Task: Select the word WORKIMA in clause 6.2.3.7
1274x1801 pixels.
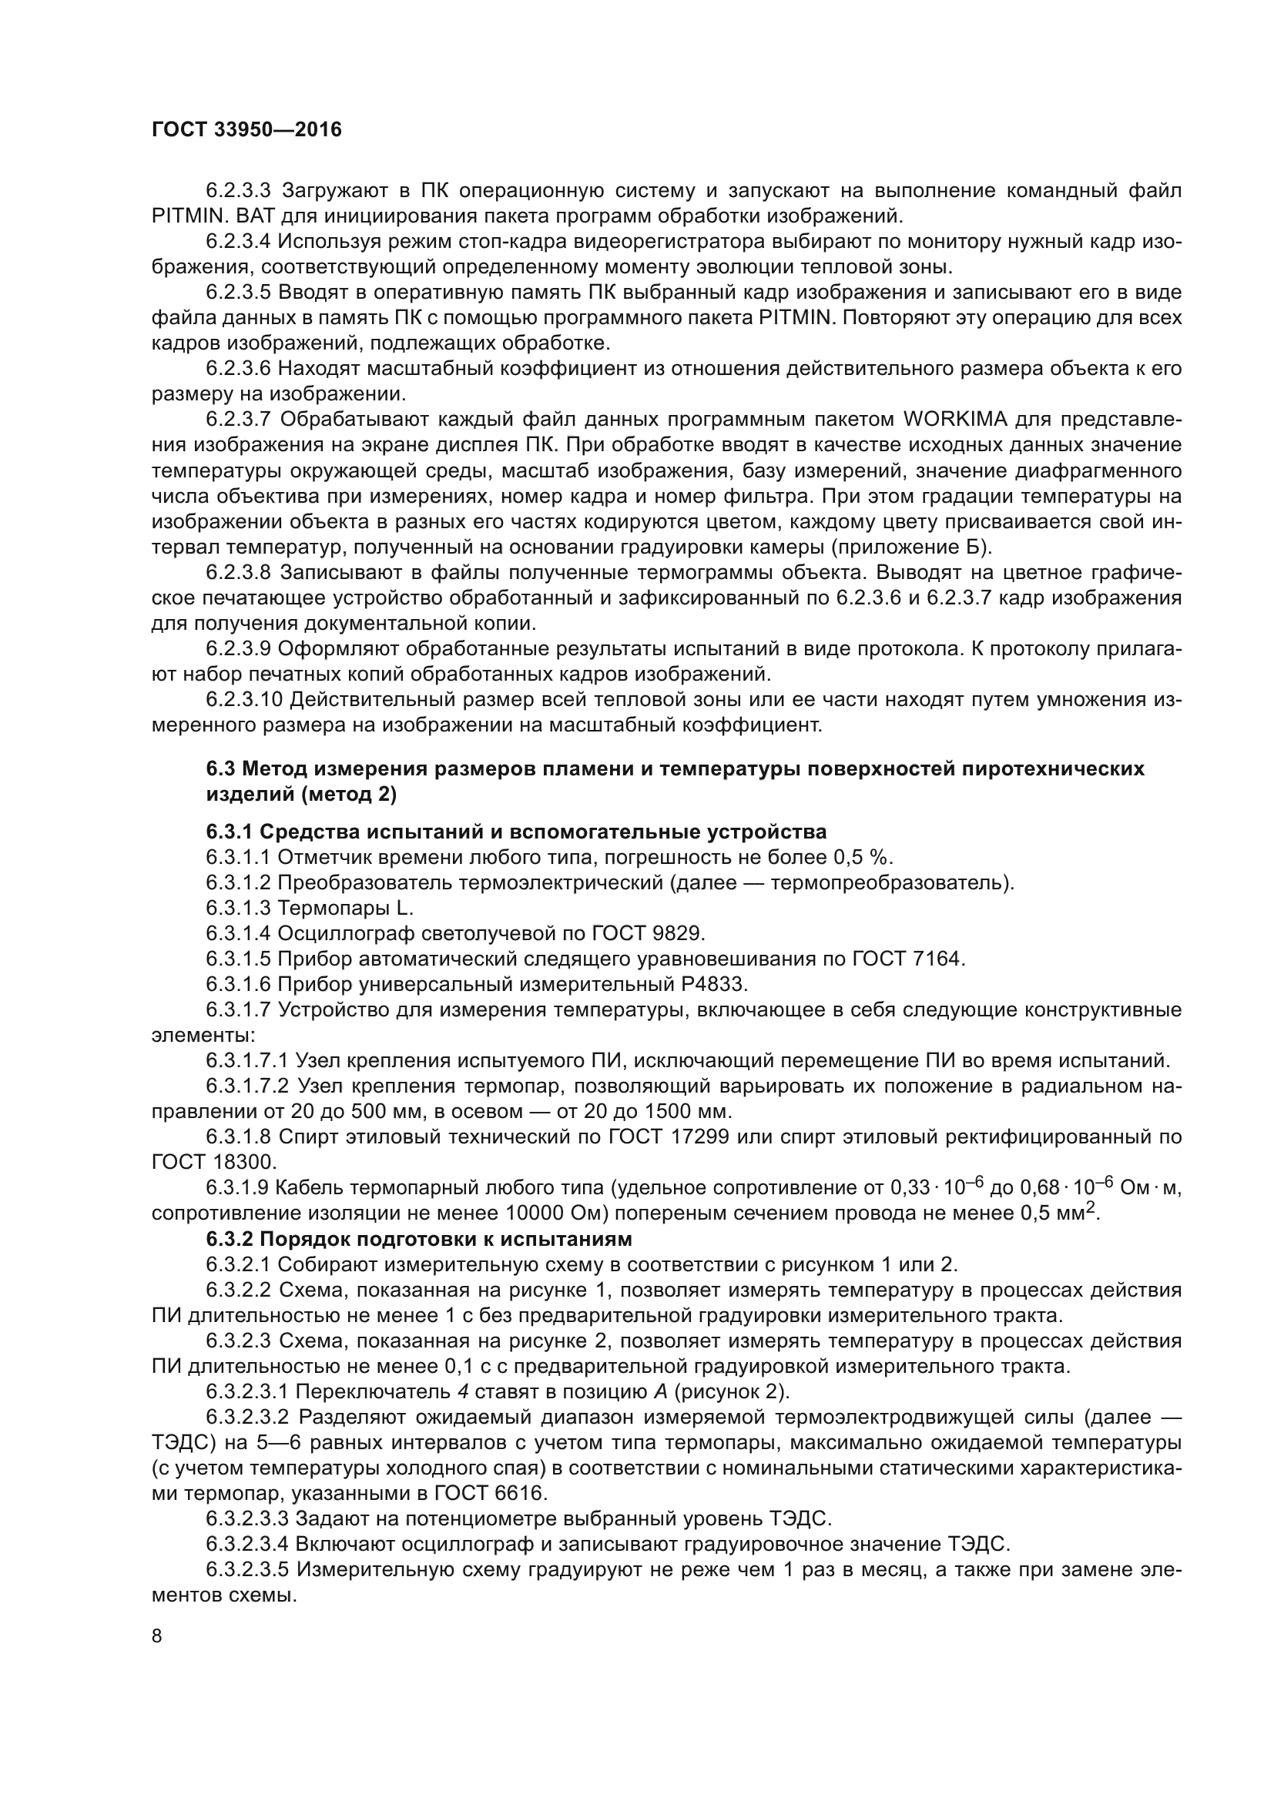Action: tap(954, 420)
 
